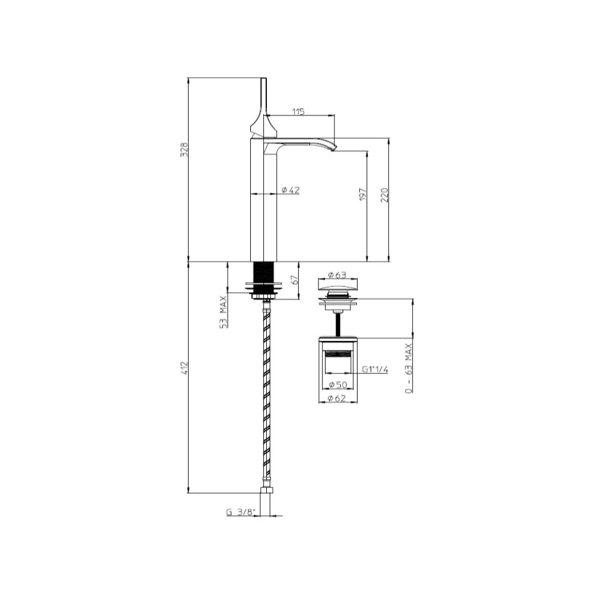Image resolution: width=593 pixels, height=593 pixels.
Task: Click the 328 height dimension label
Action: pos(184,150)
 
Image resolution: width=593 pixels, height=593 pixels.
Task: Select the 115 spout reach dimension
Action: pos(298,111)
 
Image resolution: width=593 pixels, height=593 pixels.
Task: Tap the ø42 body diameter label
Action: pos(291,190)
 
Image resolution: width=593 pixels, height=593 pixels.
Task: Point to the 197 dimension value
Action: pos(363,194)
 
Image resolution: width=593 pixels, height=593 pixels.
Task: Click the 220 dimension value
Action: pos(384,195)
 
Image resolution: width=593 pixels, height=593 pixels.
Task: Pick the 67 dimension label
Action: pos(295,280)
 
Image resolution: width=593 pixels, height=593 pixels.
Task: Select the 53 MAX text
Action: pos(224,312)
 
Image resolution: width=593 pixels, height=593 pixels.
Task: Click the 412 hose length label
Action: pos(184,368)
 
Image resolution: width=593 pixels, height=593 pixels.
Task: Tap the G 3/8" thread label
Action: pos(241,512)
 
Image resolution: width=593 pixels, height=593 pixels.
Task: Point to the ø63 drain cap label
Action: pos(337,275)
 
